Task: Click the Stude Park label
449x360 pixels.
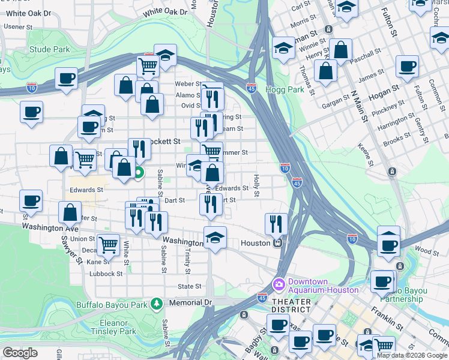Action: [x=50, y=49]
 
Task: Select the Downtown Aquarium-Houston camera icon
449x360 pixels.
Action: [x=279, y=283]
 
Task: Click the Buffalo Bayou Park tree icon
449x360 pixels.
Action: [x=156, y=304]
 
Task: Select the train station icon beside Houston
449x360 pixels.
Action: [x=278, y=243]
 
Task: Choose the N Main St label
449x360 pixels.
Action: [x=358, y=106]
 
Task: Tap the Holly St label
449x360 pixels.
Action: [x=256, y=185]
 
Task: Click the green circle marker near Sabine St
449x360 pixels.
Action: [x=139, y=175]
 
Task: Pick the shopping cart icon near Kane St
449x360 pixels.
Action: [x=108, y=244]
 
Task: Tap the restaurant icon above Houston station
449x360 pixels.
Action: [x=276, y=224]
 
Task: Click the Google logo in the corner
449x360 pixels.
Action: [x=20, y=353]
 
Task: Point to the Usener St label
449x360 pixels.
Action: [x=17, y=26]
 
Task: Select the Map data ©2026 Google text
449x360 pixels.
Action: [x=412, y=355]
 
